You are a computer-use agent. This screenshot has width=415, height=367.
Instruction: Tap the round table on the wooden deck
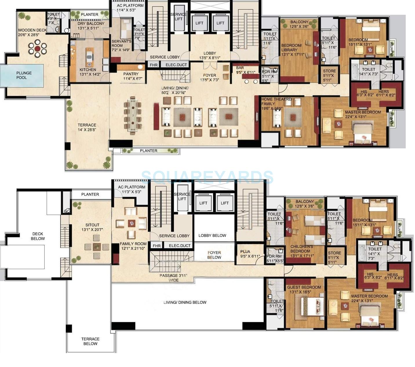click(x=37, y=48)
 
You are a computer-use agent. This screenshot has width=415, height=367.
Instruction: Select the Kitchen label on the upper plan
click(x=88, y=70)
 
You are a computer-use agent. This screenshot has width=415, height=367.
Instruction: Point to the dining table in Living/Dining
click(x=133, y=115)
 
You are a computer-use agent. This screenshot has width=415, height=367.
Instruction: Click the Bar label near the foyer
click(x=240, y=68)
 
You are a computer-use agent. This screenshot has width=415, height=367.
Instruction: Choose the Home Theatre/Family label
click(x=276, y=101)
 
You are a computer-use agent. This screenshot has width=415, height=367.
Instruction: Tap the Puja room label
click(x=245, y=252)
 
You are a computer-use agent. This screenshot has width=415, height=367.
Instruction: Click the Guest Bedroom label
click(x=304, y=287)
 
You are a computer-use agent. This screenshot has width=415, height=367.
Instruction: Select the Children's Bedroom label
click(x=301, y=249)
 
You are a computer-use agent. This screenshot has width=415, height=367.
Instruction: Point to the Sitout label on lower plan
click(x=92, y=225)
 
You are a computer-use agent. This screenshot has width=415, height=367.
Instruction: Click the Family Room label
click(x=133, y=244)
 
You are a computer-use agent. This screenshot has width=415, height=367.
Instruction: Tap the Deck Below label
click(x=38, y=236)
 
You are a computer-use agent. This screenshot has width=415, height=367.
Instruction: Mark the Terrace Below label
click(x=90, y=341)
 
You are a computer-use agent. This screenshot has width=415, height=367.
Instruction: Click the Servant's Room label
click(x=121, y=43)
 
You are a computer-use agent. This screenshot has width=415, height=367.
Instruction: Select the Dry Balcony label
click(x=91, y=24)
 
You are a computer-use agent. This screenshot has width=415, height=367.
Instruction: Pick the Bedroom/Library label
click(x=292, y=48)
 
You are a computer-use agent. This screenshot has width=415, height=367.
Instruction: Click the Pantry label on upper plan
click(x=131, y=74)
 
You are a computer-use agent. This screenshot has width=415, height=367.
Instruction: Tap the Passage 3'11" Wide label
click(x=174, y=278)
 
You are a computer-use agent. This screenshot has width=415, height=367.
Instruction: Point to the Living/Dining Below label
click(x=185, y=302)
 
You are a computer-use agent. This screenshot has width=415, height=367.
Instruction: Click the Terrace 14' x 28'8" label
click(x=87, y=127)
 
